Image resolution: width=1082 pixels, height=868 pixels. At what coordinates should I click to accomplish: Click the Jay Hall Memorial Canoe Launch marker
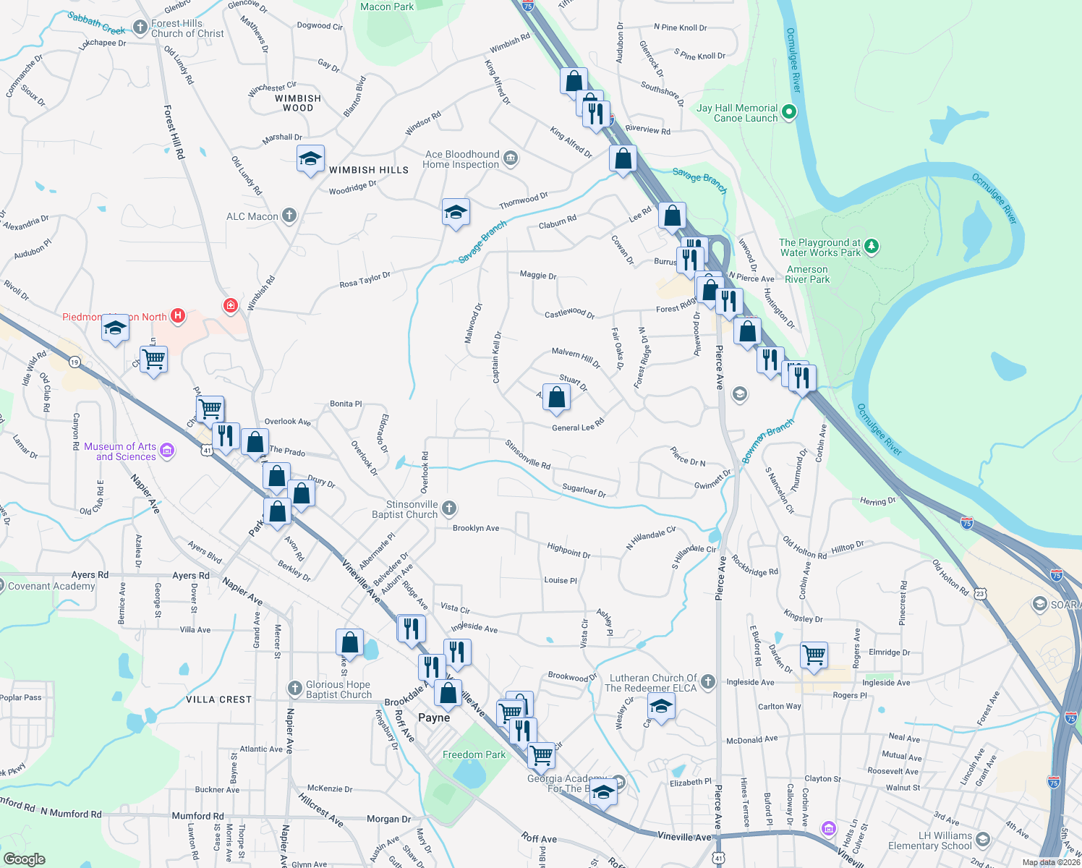coord(789,112)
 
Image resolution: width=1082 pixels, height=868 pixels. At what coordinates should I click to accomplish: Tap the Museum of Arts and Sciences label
coord(120,451)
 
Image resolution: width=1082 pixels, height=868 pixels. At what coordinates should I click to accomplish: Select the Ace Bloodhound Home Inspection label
coord(461,159)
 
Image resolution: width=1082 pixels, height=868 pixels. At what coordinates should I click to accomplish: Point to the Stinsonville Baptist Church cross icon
coord(449,509)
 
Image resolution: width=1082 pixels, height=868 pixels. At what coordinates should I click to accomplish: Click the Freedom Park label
coord(474,754)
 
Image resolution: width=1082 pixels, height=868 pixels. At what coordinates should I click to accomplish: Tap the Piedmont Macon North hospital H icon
coord(177,316)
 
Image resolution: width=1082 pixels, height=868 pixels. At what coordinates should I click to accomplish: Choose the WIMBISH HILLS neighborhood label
coord(369,170)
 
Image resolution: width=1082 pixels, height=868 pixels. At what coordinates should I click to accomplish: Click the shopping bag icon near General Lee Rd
coord(556,398)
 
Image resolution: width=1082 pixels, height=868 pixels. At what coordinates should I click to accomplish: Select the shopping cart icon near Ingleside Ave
coord(814,655)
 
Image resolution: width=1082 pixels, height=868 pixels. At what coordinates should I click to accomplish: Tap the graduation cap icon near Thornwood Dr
coord(456,213)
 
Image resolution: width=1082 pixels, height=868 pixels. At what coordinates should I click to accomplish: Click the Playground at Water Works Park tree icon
coord(872,247)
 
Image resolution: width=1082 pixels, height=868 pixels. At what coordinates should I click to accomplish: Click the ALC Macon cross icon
coord(289,216)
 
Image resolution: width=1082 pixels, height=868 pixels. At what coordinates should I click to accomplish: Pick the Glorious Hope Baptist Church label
coord(338,689)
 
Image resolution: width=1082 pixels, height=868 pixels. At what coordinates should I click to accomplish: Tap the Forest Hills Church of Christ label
coord(187,28)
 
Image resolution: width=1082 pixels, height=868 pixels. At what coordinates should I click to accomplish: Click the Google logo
coord(24,859)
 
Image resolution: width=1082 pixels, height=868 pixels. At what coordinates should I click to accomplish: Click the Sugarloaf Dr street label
coord(584,490)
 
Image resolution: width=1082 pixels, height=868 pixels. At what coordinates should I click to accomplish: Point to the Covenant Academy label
coord(51,586)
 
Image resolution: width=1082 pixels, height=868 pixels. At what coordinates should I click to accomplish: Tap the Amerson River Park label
coord(807,274)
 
